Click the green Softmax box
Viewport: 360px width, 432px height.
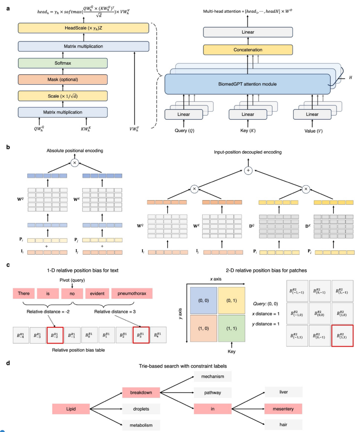(63, 63)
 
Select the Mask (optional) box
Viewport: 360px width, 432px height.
(63, 79)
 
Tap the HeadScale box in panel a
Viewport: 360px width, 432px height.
(83, 29)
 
